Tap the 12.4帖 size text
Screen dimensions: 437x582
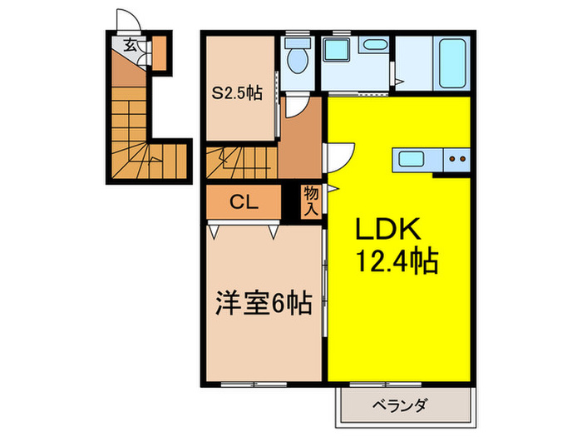coord(398,262)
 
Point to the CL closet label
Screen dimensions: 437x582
coord(244,202)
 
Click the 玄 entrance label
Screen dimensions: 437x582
coord(131,45)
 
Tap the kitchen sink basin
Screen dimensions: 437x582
coord(412,159)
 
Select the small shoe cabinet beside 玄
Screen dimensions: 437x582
coord(158,52)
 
